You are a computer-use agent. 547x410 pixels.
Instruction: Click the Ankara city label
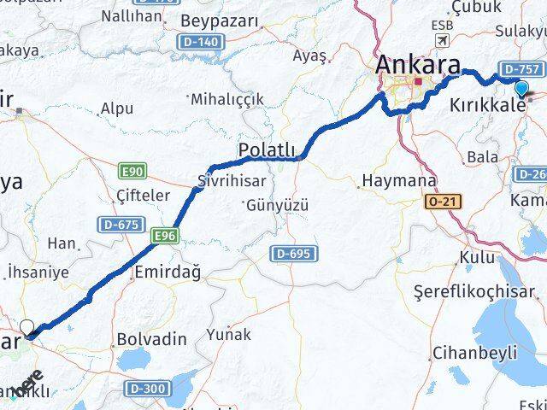pos(419,65)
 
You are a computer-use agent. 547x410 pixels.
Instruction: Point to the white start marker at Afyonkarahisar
pos(27,328)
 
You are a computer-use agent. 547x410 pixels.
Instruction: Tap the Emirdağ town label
pos(168,272)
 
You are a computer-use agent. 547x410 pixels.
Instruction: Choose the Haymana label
pos(398,181)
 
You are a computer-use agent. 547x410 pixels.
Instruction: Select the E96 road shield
pos(165,232)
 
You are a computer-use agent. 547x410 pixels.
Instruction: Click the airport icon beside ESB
pos(442,42)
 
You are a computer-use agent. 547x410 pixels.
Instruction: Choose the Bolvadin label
pos(152,339)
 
